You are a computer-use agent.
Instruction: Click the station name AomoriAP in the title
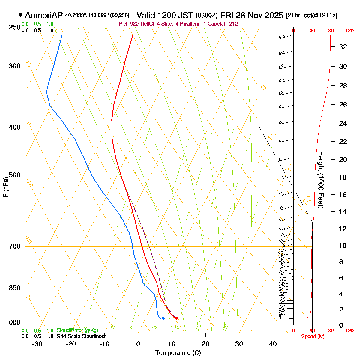pos(44,15)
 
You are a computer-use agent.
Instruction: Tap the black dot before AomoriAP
pos(21,15)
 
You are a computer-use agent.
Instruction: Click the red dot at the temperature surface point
pos(176,318)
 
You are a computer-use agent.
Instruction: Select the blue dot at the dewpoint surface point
pos(163,318)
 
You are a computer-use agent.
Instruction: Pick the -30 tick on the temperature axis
pos(37,344)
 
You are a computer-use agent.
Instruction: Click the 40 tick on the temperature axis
pos(273,344)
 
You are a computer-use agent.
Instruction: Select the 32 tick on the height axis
pos(343,47)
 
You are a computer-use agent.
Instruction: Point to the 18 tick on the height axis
pos(343,177)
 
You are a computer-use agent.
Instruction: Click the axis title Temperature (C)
pos(178,353)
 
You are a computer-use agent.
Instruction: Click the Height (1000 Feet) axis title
pos(321,180)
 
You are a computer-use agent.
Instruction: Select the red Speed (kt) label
pos(313,337)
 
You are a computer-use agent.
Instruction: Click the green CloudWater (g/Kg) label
pos(77,330)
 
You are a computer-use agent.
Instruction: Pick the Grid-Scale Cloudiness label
pos(82,336)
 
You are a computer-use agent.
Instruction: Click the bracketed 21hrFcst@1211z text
pos(312,16)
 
